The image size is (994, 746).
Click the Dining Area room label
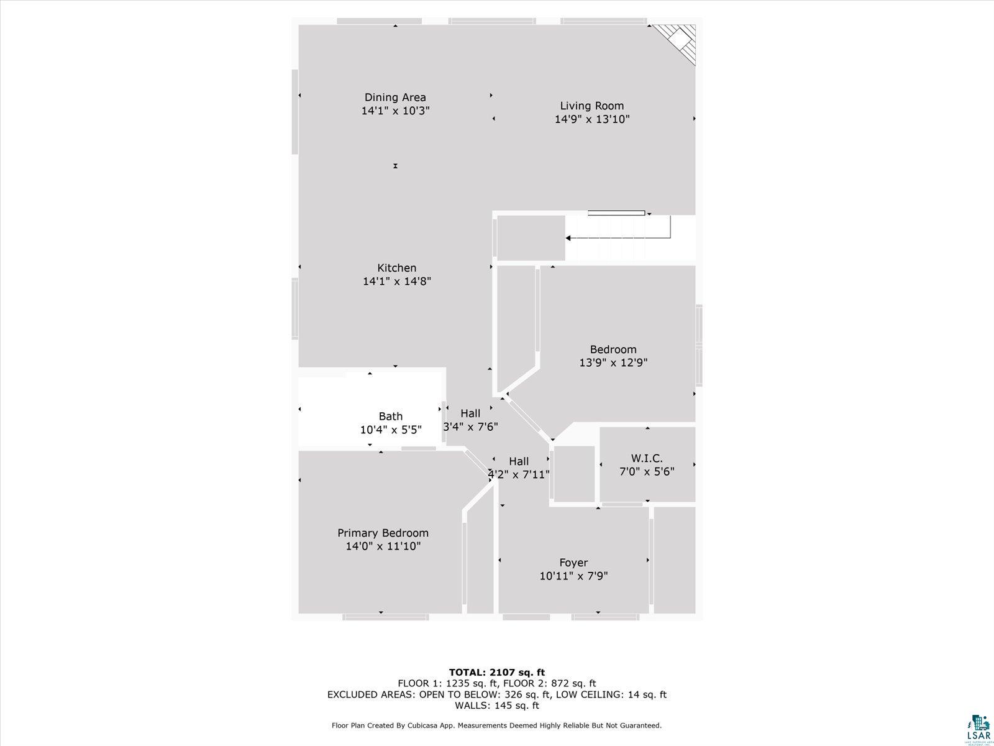395,98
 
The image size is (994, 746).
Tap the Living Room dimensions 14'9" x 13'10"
592,119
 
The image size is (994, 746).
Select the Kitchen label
397,268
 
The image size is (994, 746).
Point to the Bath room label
390,417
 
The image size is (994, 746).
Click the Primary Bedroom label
383,533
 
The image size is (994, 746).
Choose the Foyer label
574,563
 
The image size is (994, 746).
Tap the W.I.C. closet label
647,458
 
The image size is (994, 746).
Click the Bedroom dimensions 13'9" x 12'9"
614,363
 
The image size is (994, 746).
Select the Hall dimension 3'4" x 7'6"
470,426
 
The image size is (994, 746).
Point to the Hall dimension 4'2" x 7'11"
519,475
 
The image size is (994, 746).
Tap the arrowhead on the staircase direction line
568,238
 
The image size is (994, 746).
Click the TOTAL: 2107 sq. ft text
497,672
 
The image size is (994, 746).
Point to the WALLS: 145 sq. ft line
497,705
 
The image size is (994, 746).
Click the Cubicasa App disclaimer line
496,725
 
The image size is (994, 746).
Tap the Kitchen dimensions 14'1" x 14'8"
397,281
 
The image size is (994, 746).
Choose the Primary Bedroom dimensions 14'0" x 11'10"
383,546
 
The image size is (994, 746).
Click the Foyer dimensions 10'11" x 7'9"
574,576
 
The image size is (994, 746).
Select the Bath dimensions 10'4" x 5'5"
391,430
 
